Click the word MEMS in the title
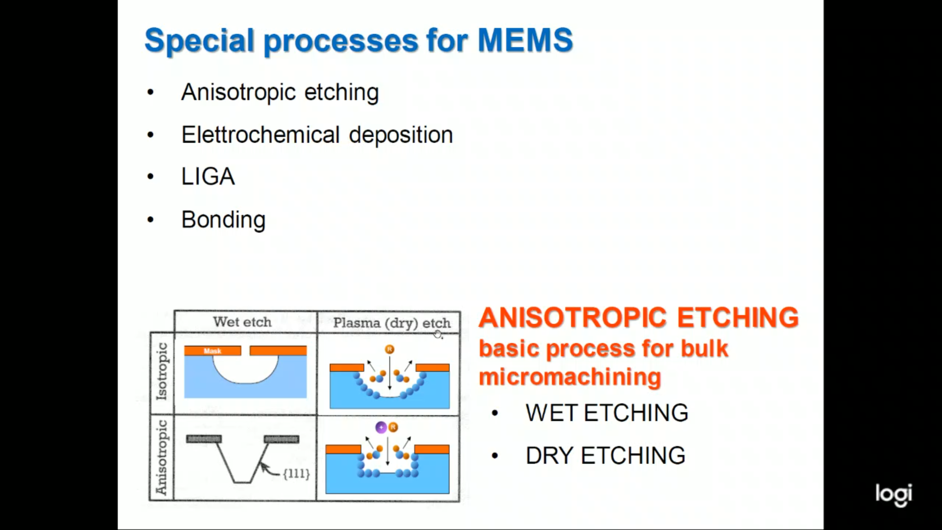[x=525, y=40]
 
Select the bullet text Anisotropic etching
[x=280, y=92]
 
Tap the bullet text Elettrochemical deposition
[x=317, y=135]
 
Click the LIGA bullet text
[x=208, y=177]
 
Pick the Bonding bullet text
[x=223, y=220]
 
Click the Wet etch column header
[x=242, y=322]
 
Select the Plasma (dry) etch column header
[x=392, y=323]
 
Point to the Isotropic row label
[x=162, y=371]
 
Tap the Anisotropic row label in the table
[x=162, y=457]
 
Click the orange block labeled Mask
[x=212, y=351]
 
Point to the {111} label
[x=296, y=474]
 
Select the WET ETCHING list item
[x=607, y=413]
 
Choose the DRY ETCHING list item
[x=605, y=456]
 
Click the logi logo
[x=893, y=494]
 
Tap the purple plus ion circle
[x=381, y=427]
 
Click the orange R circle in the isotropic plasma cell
[x=390, y=349]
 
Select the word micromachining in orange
[x=570, y=377]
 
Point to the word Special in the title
[x=199, y=40]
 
